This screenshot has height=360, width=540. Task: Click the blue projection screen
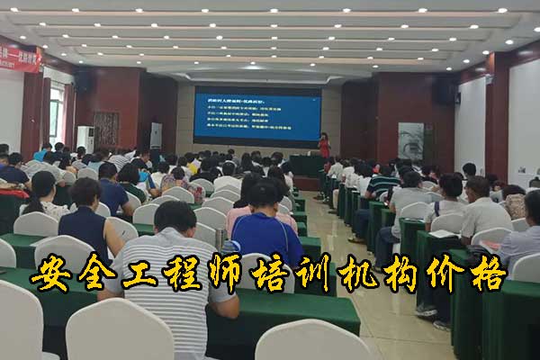click(256, 116)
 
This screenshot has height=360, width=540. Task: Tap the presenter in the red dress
click(324, 146)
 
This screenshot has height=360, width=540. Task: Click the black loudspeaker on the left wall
click(82, 81)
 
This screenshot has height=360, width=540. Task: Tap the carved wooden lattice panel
click(106, 128)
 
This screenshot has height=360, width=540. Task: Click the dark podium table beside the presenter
click(306, 166)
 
